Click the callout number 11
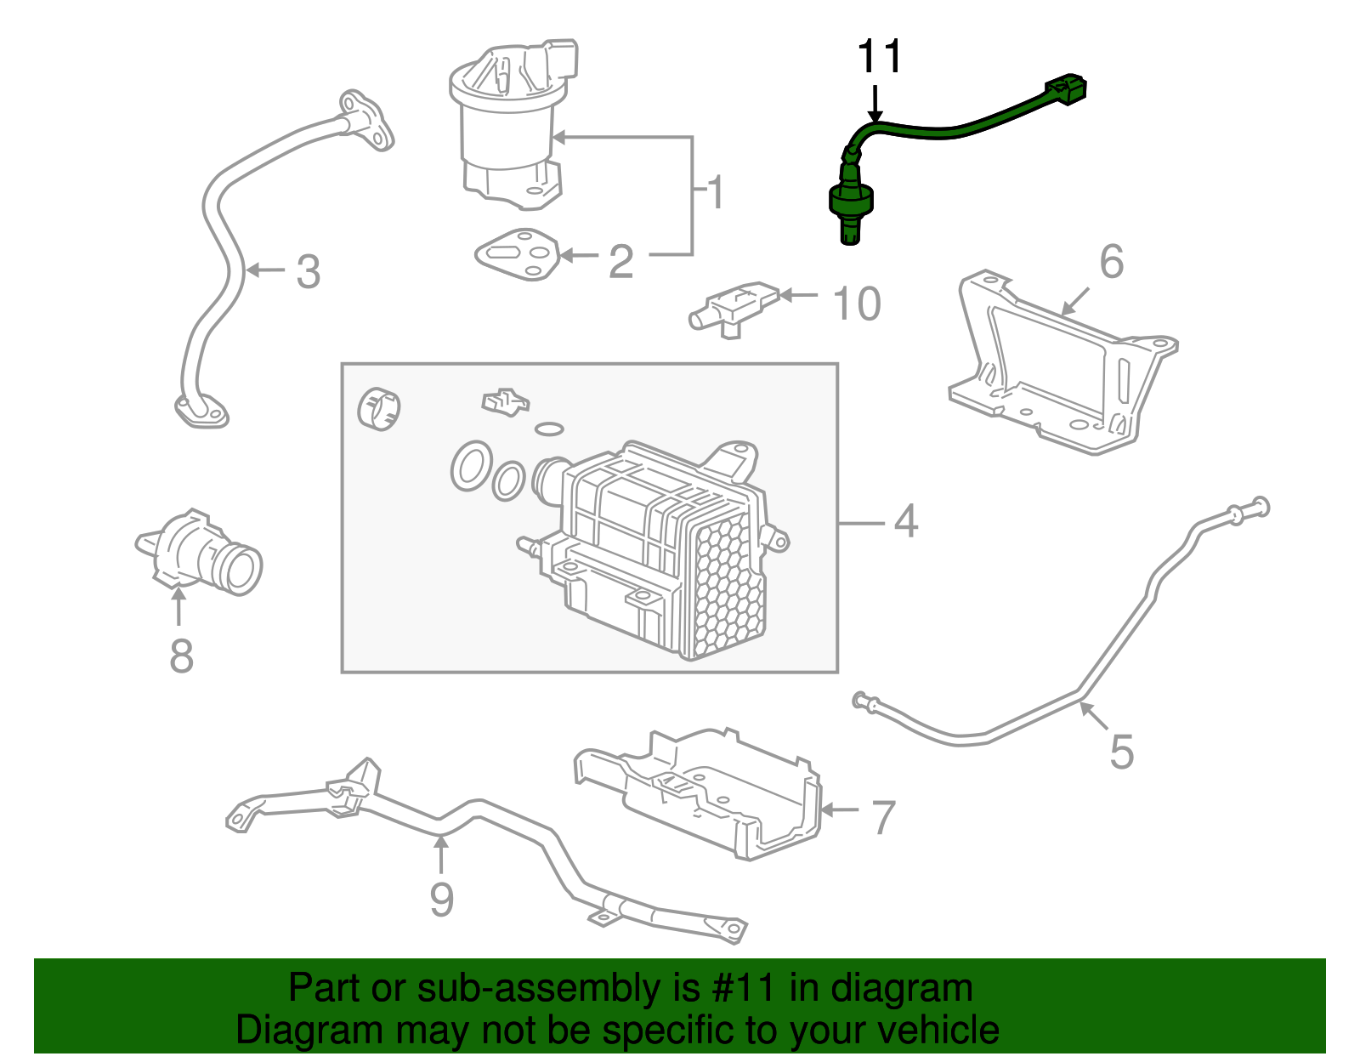coord(879,58)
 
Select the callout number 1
coord(717,192)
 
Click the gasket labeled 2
coord(517,253)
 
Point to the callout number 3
coord(308,272)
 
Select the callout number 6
coord(1111,262)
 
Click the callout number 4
coord(906,521)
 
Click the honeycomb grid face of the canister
coord(728,587)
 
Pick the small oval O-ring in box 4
coord(549,429)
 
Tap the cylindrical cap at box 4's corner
coord(378,409)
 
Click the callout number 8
coord(181,656)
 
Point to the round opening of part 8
coord(242,571)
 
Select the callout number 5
coord(1122,752)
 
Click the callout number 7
coord(884,817)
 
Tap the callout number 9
coord(441,900)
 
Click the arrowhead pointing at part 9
coord(440,843)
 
